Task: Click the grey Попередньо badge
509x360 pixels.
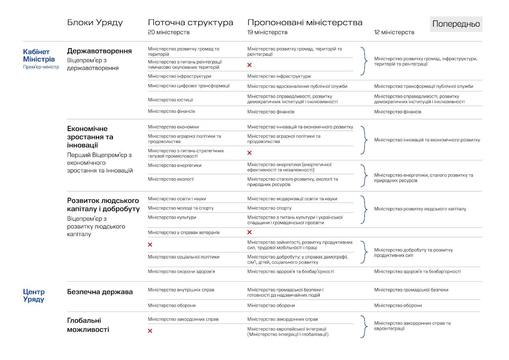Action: [456, 24]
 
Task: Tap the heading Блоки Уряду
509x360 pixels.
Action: [95, 23]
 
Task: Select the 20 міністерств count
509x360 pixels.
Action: [169, 32]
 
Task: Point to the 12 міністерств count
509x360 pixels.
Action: [394, 32]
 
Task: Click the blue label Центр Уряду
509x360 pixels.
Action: [34, 295]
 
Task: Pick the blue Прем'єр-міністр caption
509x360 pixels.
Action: [41, 67]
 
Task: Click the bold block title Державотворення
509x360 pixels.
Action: [99, 51]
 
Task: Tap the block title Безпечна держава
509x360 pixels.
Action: [100, 292]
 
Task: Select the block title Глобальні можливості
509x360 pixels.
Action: [88, 325]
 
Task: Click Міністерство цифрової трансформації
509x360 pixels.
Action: [188, 86]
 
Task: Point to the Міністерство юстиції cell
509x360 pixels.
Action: [170, 100]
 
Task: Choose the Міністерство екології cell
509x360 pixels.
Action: [171, 179]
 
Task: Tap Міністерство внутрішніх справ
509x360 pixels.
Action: [181, 290]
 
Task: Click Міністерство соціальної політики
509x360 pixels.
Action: [184, 257]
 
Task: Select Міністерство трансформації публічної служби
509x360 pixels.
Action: [424, 86]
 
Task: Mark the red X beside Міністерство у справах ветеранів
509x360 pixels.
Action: [250, 232]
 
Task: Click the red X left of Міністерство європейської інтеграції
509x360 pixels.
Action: [150, 331]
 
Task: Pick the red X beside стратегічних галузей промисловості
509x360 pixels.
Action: [250, 153]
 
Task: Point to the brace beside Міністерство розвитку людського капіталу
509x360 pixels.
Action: [364, 210]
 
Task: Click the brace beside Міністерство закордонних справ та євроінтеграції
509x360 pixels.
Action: [364, 326]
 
